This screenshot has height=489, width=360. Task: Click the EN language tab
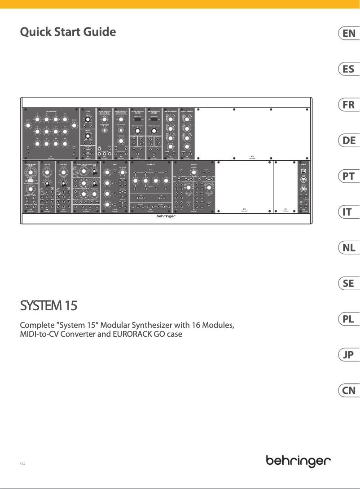pos(349,33)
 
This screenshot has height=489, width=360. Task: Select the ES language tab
pos(349,69)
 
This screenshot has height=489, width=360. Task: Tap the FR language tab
pos(349,105)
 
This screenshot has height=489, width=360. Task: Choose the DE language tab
pos(349,141)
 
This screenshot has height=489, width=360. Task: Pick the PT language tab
pos(349,176)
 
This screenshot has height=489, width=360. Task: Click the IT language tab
pos(349,212)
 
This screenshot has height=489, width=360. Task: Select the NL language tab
pos(349,247)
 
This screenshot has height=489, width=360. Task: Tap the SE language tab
pos(349,283)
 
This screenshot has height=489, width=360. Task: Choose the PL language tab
pos(349,319)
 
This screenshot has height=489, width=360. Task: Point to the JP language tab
pos(349,355)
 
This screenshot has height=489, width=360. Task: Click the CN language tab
pos(349,391)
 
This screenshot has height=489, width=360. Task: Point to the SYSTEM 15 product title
pos(48,306)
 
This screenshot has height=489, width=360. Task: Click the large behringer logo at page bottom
pos(299,461)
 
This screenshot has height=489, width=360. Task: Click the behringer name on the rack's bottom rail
pos(167,216)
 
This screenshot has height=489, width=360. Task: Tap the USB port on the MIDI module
pos(303,171)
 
